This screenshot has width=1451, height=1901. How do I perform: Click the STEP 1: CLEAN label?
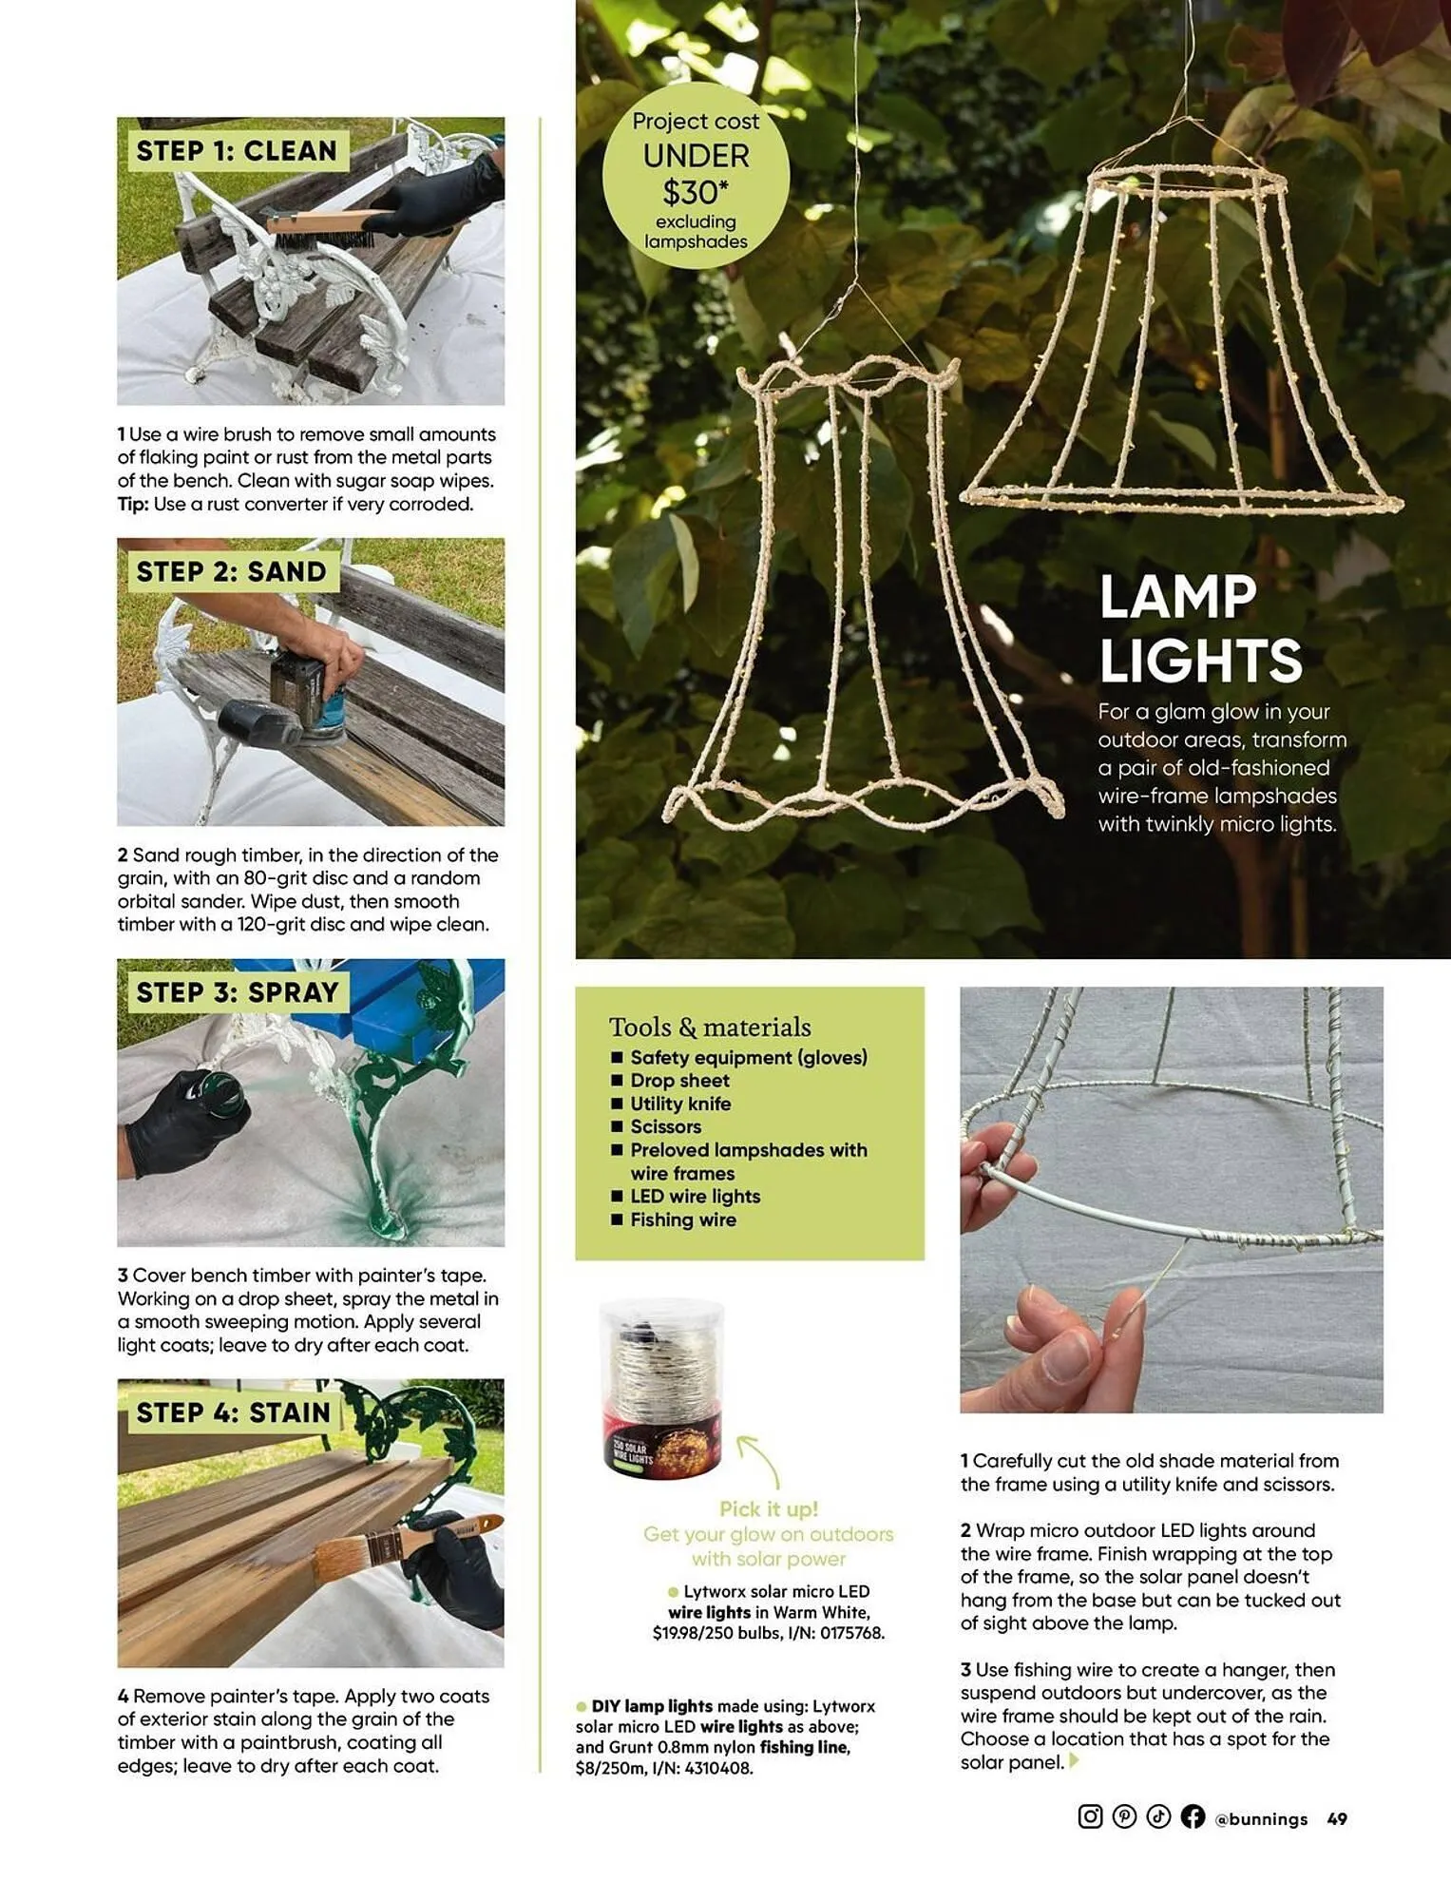[237, 151]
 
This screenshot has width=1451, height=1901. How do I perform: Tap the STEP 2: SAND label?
[231, 572]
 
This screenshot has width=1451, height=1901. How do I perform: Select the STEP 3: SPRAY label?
[238, 992]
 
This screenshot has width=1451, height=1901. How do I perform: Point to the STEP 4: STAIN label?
[233, 1413]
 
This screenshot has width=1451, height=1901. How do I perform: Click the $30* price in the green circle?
[696, 193]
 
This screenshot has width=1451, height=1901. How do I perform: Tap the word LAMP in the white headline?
[1177, 598]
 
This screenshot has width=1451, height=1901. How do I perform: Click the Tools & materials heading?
[710, 1027]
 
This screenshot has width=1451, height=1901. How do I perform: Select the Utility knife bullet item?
[680, 1104]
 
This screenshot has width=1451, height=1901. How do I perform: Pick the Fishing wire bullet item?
[682, 1219]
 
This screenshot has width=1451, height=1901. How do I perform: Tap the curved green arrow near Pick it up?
[759, 1460]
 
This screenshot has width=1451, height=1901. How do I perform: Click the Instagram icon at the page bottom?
[1090, 1816]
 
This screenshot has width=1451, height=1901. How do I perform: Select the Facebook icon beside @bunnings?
[1193, 1816]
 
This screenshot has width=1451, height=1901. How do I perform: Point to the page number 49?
[1337, 1819]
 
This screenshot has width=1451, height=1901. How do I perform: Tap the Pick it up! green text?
[768, 1509]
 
